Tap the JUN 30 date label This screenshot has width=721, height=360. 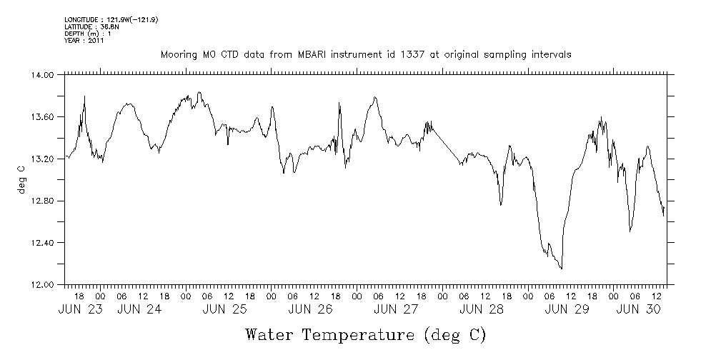pyautogui.click(x=638, y=309)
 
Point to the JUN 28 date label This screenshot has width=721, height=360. pyautogui.click(x=482, y=309)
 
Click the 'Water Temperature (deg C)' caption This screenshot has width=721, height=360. pyautogui.click(x=366, y=334)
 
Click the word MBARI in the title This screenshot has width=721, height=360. pyautogui.click(x=304, y=54)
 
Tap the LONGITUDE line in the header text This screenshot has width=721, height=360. pyautogui.click(x=111, y=19)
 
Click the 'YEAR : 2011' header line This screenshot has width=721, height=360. pyautogui.click(x=84, y=41)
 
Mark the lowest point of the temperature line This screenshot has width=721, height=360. pyautogui.click(x=562, y=269)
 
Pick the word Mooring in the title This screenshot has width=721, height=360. pyautogui.click(x=176, y=54)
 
